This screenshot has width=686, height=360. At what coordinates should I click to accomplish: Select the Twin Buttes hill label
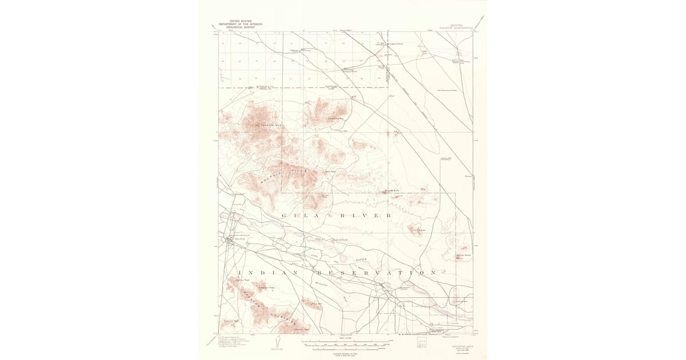417,231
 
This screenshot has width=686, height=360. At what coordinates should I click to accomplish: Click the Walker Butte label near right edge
463,255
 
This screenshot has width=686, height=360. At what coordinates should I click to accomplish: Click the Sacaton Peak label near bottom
301,329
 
